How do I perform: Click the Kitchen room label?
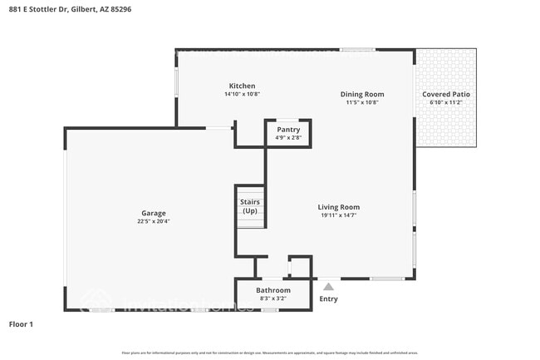[x=242, y=86]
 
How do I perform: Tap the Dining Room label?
[x=362, y=94]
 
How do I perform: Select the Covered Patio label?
[x=446, y=94]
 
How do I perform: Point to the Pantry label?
[x=288, y=130]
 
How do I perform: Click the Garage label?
[x=153, y=214]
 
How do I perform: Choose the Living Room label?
[x=338, y=207]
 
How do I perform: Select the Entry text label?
[x=328, y=299]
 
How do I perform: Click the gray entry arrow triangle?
[x=328, y=286]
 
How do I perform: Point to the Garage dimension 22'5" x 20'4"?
[x=153, y=222]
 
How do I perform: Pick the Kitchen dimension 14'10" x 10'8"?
[x=242, y=94]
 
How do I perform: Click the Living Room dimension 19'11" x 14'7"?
[x=338, y=215]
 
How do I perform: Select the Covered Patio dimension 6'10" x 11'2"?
[x=446, y=102]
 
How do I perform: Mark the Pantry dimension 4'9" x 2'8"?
[x=288, y=138]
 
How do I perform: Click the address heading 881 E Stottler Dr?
[x=71, y=9]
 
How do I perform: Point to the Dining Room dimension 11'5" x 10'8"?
[x=362, y=102]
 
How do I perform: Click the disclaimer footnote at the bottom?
[x=270, y=353]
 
